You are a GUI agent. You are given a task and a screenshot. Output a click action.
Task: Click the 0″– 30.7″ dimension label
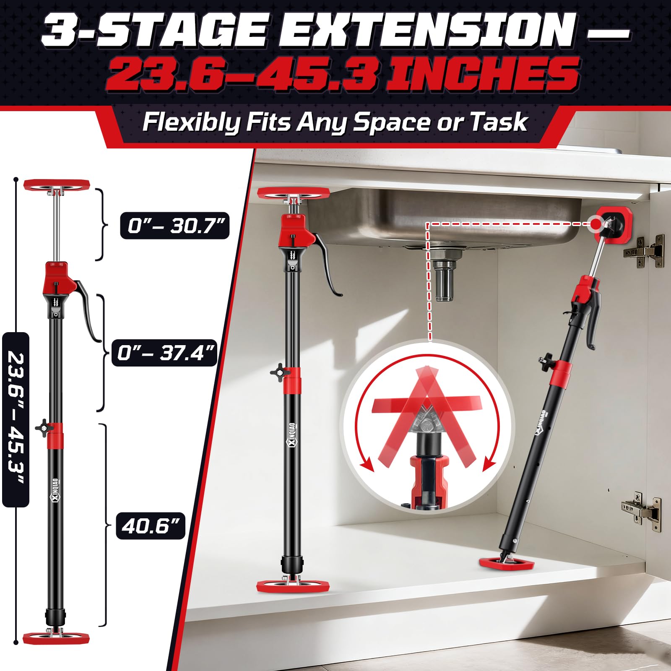click(x=174, y=226)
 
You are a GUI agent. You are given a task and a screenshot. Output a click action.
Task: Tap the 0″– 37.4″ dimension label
click(x=164, y=353)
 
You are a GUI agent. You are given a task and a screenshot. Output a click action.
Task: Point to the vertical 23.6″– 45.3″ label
click(x=16, y=419)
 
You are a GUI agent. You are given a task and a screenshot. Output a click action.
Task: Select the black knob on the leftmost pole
click(x=44, y=429)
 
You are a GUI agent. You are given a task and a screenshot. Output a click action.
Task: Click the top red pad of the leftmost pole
click(x=57, y=185)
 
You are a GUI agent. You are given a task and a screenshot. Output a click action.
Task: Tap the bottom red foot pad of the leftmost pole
click(x=56, y=639)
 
